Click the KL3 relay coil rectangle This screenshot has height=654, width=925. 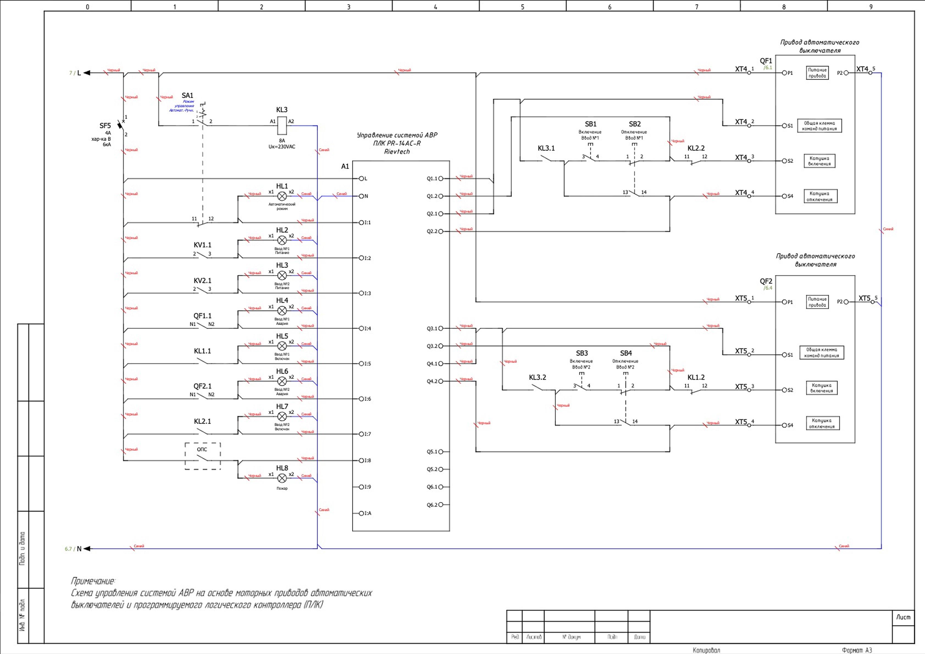282,125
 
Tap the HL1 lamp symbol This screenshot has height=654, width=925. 282,196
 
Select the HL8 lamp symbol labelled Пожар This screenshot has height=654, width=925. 282,478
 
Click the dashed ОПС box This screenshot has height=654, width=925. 203,456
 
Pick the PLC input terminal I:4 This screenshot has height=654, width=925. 361,328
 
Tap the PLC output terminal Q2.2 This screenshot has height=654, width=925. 441,231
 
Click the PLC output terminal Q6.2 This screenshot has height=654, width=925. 441,505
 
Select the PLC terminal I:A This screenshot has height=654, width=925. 361,513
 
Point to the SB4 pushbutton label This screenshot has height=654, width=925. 626,353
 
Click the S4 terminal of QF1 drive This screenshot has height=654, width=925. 784,196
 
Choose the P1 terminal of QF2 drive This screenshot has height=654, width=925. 784,302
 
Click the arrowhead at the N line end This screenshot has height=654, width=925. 87,548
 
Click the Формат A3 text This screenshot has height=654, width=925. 857,650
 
